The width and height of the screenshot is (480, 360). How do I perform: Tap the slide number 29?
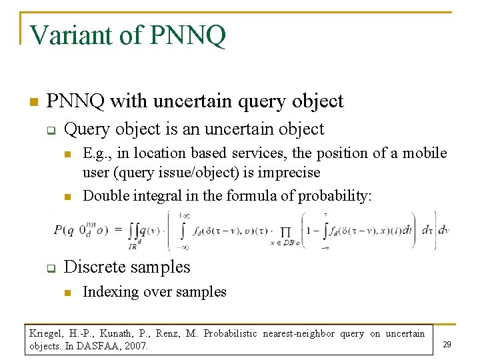[447, 345]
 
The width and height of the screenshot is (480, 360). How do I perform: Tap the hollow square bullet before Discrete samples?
[50, 269]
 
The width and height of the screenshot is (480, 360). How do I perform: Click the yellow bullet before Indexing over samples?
[67, 293]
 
